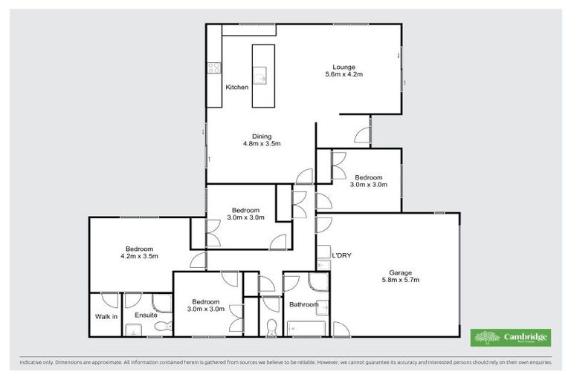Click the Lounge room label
pos(343,67)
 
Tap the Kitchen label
pos(237,88)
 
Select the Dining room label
pos(261,136)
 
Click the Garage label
pos(401,272)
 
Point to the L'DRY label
pos(341,255)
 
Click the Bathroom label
pos(303,304)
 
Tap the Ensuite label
pos(146,315)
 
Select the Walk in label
pos(106,316)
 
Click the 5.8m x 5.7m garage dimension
pos(401,281)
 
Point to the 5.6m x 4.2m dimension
pos(343,75)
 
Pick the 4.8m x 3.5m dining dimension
pos(261,144)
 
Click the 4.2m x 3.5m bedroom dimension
pos(140,256)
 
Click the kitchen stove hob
pos(213,68)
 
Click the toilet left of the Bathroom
pos(271,327)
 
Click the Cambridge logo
pos(512,338)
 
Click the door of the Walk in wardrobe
pos(109,301)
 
